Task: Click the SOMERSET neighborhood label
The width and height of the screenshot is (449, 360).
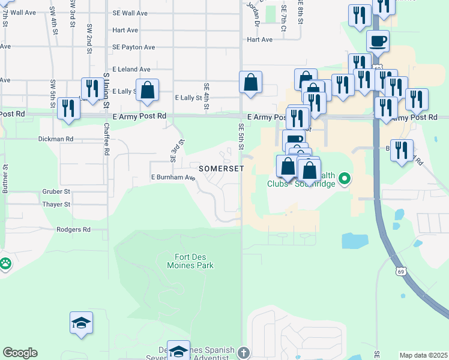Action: coord(217,169)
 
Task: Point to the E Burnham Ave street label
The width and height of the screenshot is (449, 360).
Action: coord(173,178)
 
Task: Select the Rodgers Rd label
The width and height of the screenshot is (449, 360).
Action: coord(73,230)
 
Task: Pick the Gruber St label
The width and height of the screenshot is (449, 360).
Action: coord(56,192)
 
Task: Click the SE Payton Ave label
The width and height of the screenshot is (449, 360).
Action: coord(133,47)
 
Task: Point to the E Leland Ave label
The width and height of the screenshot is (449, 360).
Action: coord(129,70)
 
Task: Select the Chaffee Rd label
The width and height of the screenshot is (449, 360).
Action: coord(106,139)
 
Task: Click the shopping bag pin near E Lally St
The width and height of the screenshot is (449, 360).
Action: coord(147,91)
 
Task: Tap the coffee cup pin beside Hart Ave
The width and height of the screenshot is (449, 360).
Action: coord(378,42)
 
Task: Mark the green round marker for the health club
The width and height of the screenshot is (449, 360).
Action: coord(345,178)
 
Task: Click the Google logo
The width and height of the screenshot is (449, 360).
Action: coord(20,353)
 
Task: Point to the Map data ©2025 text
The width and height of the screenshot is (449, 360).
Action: coord(424,355)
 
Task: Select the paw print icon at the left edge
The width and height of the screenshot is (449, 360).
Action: coord(5,263)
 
